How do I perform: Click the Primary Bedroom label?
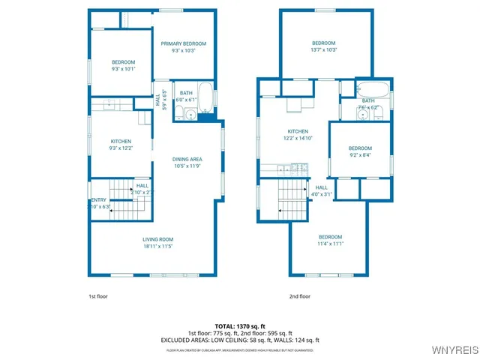(183, 47)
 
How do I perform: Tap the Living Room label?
(158, 242)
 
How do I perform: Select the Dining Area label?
(187, 162)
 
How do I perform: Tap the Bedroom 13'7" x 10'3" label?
(323, 46)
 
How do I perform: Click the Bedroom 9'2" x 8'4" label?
(360, 151)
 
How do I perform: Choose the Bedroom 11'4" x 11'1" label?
(330, 240)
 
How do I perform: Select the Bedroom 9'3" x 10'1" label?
(122, 65)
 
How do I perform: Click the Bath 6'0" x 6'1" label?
(186, 96)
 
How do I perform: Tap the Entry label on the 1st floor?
(99, 202)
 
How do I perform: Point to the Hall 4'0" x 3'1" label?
(322, 190)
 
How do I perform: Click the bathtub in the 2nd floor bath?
(373, 90)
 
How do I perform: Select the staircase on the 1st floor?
(121, 199)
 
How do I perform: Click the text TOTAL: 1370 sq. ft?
(240, 327)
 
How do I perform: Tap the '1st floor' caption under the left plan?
(99, 296)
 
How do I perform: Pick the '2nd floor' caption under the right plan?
(300, 296)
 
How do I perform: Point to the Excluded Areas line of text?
(240, 340)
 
